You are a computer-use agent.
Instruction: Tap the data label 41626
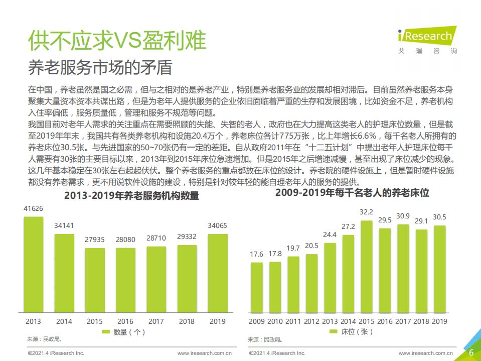click(x=34, y=208)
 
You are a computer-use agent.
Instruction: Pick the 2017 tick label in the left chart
click(x=156, y=321)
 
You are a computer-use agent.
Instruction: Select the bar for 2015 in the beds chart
click(x=366, y=266)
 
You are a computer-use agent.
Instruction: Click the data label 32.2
click(x=366, y=212)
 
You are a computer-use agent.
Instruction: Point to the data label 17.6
click(x=256, y=255)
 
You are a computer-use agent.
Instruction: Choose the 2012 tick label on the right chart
click(x=311, y=321)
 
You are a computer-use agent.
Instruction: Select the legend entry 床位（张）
click(x=351, y=332)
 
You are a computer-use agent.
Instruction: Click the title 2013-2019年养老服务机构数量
click(x=131, y=196)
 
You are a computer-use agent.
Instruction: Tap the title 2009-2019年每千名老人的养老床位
click(x=352, y=193)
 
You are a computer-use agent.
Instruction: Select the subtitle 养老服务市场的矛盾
click(x=100, y=67)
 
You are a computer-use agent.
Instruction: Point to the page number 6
click(x=471, y=352)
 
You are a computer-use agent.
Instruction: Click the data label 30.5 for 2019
click(x=439, y=217)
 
